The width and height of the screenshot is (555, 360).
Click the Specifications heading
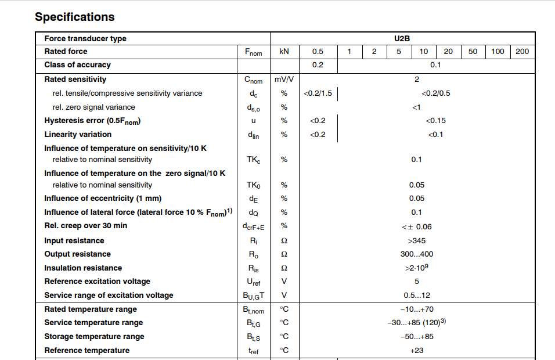(75, 17)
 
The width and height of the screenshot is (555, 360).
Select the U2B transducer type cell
(402, 38)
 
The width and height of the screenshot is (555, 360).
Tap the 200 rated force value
(522, 52)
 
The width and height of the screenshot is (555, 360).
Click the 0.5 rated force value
(318, 52)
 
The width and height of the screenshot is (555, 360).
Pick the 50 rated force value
(473, 52)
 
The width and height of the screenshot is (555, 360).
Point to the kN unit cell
(284, 52)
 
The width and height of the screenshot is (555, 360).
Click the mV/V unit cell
(284, 80)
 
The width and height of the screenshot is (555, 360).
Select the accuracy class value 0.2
(318, 65)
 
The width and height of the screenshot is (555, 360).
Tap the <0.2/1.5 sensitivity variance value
(318, 93)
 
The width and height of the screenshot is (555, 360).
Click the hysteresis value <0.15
(435, 121)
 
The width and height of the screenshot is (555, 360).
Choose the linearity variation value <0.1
(435, 135)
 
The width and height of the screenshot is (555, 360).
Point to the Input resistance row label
(74, 240)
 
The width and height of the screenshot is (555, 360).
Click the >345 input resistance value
(416, 240)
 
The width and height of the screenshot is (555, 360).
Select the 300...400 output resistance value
(416, 254)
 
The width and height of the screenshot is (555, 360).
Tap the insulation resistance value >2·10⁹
(416, 268)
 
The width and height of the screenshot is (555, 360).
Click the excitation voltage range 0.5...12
(416, 295)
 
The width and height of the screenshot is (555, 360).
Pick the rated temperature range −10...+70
(416, 309)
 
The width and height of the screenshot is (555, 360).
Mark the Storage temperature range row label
(94, 337)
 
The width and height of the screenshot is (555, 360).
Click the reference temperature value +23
(416, 351)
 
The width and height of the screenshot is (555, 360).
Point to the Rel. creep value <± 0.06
(416, 226)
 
